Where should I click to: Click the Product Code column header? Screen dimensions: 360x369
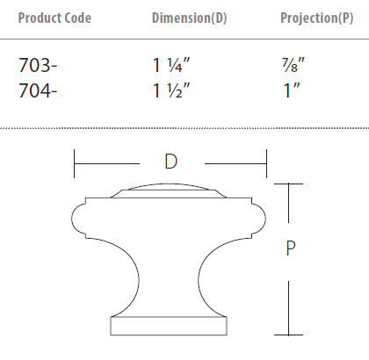pyautogui.click(x=54, y=18)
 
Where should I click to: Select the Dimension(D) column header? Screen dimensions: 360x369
pyautogui.click(x=190, y=18)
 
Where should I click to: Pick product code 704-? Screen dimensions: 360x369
pyautogui.click(x=38, y=88)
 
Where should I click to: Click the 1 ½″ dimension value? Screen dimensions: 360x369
pyautogui.click(x=173, y=88)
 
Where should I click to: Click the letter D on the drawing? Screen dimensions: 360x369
pyautogui.click(x=170, y=162)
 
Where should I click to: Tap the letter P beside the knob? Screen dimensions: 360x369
pyautogui.click(x=291, y=249)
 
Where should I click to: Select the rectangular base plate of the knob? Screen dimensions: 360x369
pyautogui.click(x=170, y=325)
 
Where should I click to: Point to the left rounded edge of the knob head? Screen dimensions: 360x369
pyautogui.click(x=76, y=217)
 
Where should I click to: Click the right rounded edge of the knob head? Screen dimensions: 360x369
pyautogui.click(x=263, y=217)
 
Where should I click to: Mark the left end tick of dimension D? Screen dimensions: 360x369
pyautogui.click(x=75, y=162)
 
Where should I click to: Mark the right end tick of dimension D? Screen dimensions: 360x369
pyautogui.click(x=266, y=162)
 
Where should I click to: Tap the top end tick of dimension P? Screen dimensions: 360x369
pyautogui.click(x=290, y=184)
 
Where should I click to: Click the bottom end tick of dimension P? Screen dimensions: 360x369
pyautogui.click(x=290, y=335)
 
